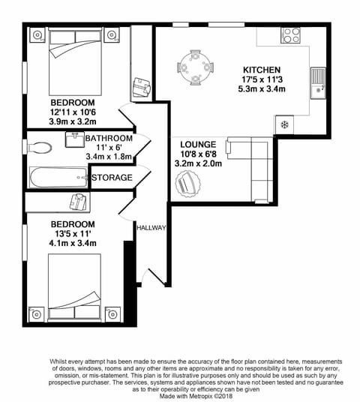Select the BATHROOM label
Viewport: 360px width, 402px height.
(109, 138)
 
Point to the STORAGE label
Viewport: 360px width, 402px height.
(112, 178)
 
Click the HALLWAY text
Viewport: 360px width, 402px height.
(151, 227)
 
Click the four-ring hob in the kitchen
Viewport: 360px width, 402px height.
(290, 35)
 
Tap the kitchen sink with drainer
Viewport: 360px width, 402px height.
(318, 82)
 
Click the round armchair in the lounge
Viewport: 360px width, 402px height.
(187, 183)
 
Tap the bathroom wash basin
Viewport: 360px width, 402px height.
(73, 139)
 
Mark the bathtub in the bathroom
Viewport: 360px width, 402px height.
(58, 178)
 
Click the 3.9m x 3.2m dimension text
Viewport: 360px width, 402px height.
(72, 120)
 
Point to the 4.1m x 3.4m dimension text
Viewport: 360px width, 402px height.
(73, 243)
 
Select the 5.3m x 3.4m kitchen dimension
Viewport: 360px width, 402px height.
(260, 88)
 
